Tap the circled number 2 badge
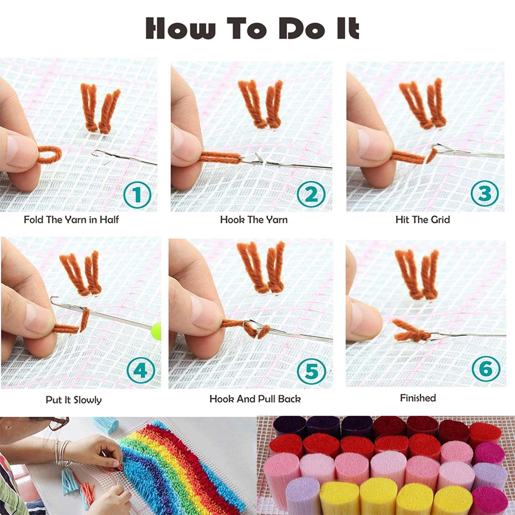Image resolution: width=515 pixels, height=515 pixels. (311, 194)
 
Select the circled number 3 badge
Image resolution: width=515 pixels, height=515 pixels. (485, 193)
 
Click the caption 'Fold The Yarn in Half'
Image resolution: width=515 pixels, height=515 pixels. (71, 220)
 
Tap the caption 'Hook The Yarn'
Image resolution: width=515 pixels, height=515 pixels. (254, 220)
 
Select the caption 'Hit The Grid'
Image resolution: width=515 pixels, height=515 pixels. (422, 220)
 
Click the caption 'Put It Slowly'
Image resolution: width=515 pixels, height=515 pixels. (73, 400)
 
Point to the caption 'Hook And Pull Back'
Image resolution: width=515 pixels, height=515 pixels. (255, 399)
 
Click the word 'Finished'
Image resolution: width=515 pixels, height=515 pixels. (418, 398)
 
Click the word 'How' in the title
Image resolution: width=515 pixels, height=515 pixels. (180, 29)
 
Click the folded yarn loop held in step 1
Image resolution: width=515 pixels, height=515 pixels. (50, 154)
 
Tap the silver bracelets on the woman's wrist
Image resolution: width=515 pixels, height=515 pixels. (63, 454)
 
